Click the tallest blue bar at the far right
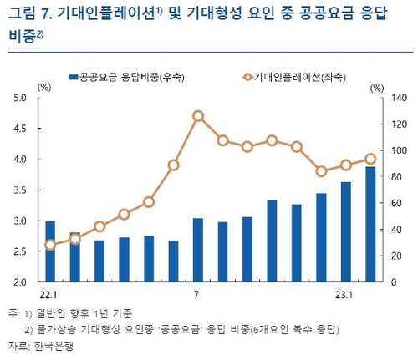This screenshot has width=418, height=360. (370, 224)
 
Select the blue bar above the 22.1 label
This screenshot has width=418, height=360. (50, 251)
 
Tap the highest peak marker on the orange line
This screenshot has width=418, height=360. (198, 116)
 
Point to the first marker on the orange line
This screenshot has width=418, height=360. (50, 245)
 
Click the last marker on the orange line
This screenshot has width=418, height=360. (370, 159)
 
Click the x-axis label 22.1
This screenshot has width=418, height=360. (48, 295)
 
